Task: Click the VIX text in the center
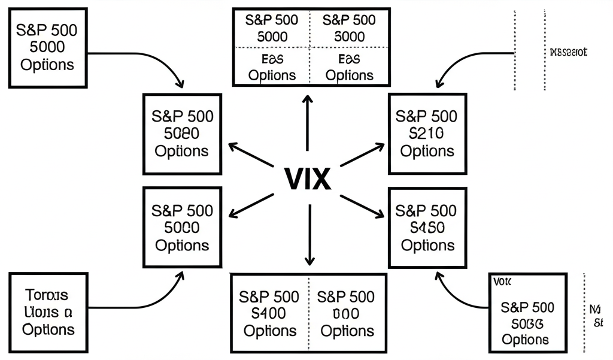coord(306,178)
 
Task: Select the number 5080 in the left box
coord(182,133)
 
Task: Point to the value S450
coord(427,228)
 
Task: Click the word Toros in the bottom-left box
coord(47,295)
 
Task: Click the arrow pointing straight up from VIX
coord(307,123)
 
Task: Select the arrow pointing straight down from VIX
coord(309,234)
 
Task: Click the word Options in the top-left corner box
coord(47,64)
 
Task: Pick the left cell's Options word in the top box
coord(272,75)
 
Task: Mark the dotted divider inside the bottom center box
coord(308,313)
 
